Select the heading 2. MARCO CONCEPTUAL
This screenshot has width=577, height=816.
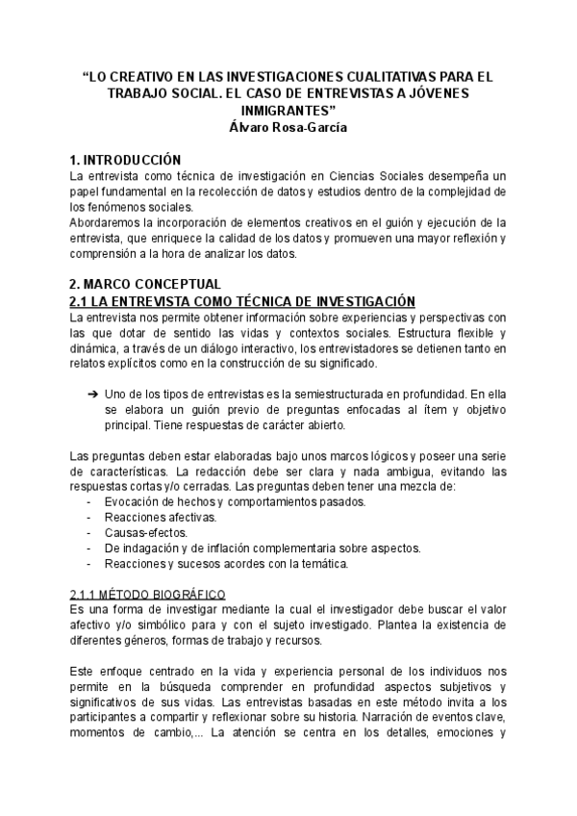click(145, 284)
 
